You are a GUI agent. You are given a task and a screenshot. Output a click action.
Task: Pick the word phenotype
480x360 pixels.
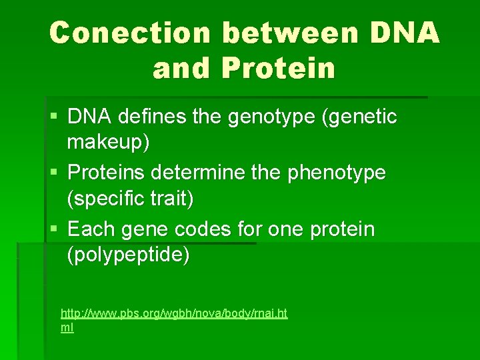click(x=337, y=173)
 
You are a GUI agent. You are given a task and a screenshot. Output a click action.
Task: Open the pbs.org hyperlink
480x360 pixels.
click(x=173, y=313)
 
